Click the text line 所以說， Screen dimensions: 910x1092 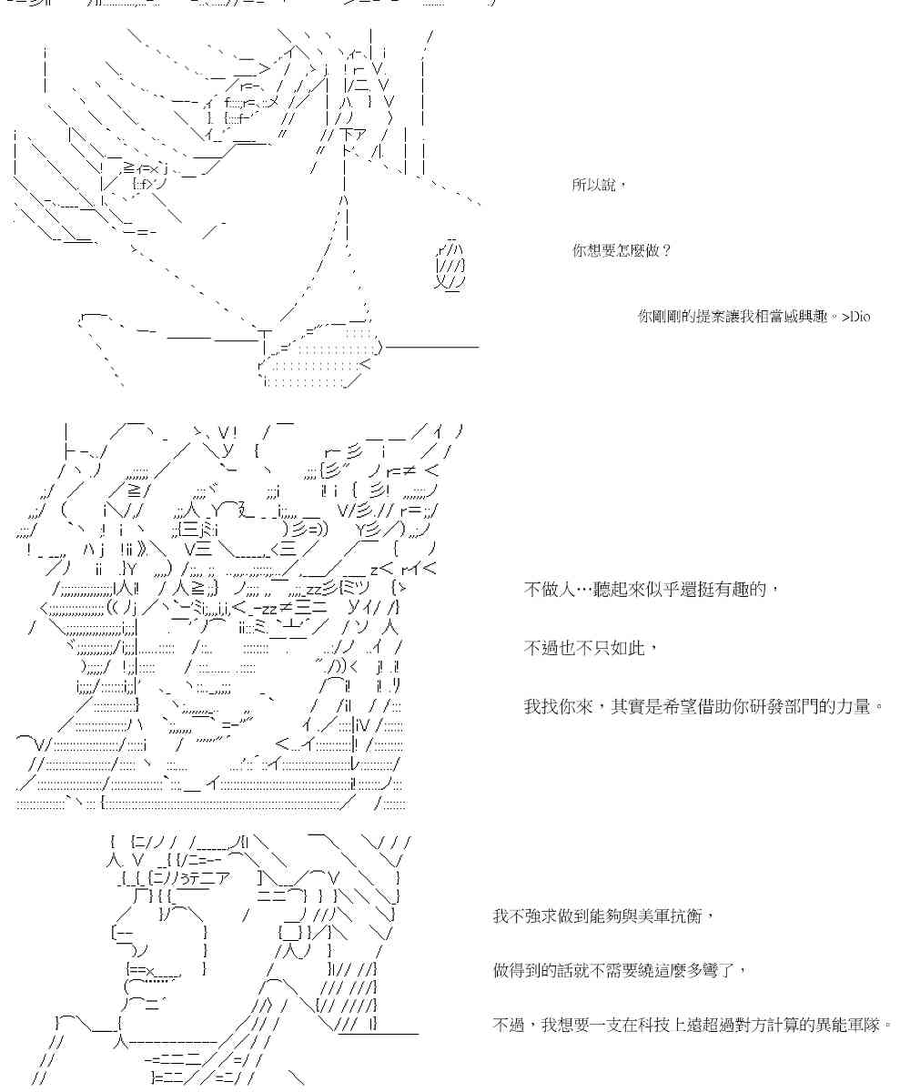click(600, 186)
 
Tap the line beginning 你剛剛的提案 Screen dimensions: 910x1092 click(753, 317)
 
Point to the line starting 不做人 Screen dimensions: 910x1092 click(652, 590)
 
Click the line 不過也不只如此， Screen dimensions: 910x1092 click(589, 648)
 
